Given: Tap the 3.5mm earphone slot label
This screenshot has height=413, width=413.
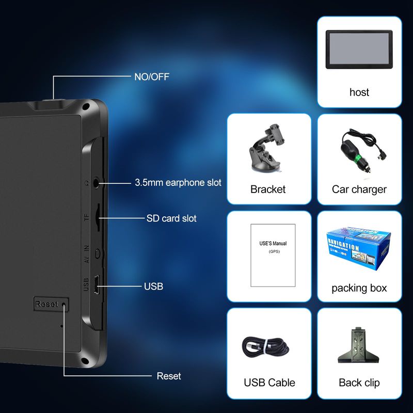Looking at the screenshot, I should point(178,182).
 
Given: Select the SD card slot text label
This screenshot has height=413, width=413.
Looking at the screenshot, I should point(171,218).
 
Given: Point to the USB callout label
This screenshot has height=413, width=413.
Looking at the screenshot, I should point(153,286).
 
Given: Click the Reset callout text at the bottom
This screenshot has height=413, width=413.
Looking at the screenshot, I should point(169,376).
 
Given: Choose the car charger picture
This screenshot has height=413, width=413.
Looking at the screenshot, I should point(359,150).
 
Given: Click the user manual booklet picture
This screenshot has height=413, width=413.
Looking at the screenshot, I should point(273,255).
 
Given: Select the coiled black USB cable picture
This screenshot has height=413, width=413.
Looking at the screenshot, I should point(269,344).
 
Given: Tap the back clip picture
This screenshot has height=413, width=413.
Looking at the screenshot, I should point(359,344).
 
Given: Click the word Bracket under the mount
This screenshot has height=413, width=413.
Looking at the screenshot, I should point(268,189).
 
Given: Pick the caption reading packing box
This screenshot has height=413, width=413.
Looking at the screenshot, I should point(359,288).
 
